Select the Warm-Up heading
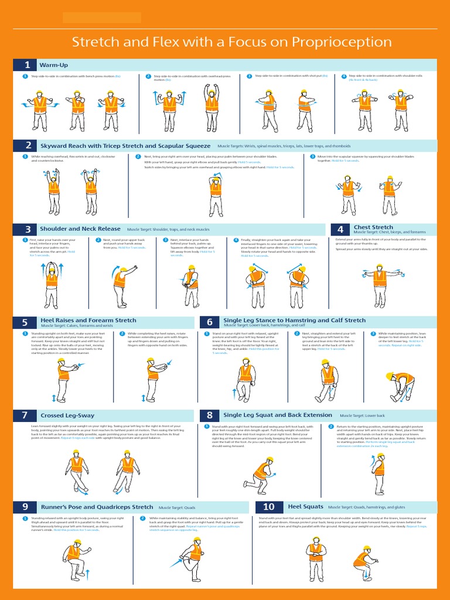click(53, 65)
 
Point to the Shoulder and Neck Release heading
click(80, 229)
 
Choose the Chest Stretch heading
click(373, 227)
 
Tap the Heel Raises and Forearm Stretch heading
click(87, 321)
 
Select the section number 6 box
click(209, 322)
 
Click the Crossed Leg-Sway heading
click(67, 415)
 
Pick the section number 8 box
click(209, 415)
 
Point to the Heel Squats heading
click(305, 506)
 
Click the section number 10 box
click(268, 507)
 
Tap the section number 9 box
click(25, 507)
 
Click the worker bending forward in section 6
click(402, 386)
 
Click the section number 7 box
click(25, 415)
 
